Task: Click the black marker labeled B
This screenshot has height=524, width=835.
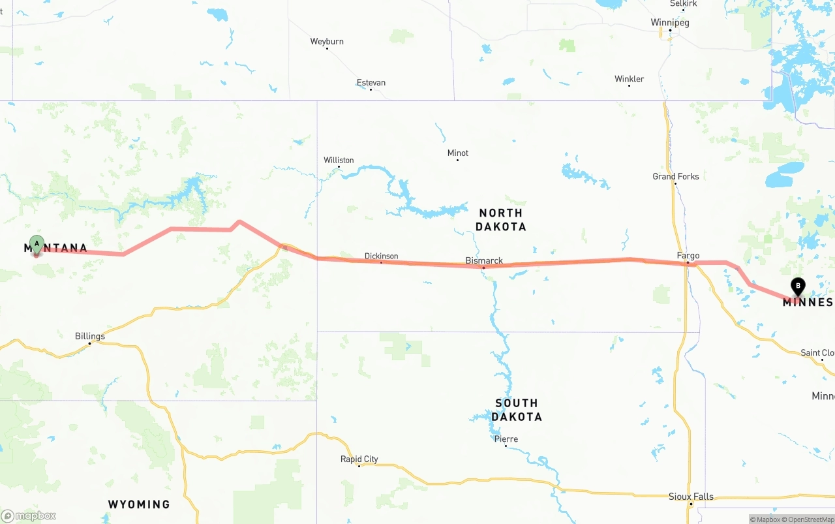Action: click(797, 286)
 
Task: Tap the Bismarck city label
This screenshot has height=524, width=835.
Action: click(484, 261)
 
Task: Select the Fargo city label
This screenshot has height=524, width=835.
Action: click(688, 256)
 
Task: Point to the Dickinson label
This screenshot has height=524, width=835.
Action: click(381, 256)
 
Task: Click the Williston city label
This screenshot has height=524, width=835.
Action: click(339, 161)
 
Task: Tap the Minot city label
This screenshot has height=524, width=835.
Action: click(458, 153)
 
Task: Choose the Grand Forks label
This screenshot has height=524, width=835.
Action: click(675, 177)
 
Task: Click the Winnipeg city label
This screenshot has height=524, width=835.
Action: click(670, 23)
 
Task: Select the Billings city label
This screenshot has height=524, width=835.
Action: click(90, 337)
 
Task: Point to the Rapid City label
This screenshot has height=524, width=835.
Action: click(359, 459)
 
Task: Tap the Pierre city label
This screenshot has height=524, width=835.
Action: click(506, 439)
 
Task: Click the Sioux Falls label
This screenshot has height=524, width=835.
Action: click(691, 497)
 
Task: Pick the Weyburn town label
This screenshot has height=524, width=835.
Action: click(327, 42)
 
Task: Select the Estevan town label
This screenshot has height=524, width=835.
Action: click(371, 83)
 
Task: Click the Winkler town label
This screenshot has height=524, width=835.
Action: click(629, 80)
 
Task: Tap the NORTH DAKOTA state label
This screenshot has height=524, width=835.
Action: click(500, 220)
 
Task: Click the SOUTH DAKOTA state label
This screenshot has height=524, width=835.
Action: click(517, 410)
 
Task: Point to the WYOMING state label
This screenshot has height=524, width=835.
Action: click(139, 504)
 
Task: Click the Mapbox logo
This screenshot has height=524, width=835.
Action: click(29, 516)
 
